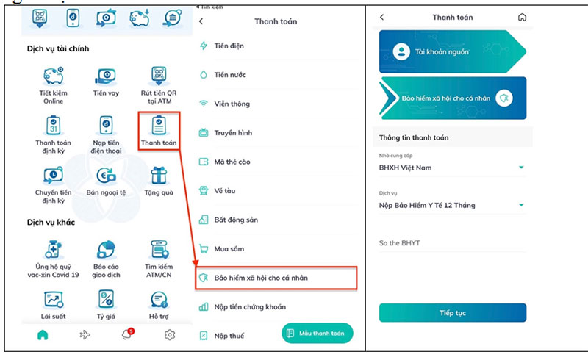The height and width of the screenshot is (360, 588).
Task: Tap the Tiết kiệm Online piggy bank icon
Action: click(x=53, y=76)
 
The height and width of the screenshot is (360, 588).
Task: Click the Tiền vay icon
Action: click(x=106, y=76)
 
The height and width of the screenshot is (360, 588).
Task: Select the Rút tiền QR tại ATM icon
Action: click(x=159, y=76)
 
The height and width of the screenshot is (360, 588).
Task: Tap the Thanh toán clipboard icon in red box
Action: click(x=159, y=125)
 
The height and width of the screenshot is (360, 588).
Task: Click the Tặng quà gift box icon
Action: click(x=159, y=176)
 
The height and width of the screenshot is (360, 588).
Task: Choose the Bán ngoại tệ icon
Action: click(x=106, y=176)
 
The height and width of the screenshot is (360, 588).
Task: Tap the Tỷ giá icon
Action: click(x=106, y=299)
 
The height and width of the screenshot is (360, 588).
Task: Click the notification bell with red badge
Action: click(x=127, y=334)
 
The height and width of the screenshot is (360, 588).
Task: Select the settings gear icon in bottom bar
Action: click(x=170, y=334)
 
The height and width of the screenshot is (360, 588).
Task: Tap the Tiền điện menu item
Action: click(x=229, y=46)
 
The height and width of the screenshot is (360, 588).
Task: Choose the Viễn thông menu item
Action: click(x=232, y=104)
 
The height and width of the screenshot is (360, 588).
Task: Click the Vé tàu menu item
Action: click(x=225, y=191)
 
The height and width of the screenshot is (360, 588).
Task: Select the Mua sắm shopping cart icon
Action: click(x=204, y=248)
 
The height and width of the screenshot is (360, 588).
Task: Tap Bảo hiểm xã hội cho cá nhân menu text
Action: click(x=261, y=278)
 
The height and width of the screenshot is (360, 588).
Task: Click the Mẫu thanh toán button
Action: click(x=318, y=333)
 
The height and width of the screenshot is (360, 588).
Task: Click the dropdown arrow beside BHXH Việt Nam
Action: click(x=521, y=168)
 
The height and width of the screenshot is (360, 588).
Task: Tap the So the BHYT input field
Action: click(x=452, y=243)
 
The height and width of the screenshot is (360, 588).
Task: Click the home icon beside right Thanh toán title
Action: click(x=522, y=17)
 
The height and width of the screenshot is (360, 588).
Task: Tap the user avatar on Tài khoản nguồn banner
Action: click(x=401, y=51)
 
